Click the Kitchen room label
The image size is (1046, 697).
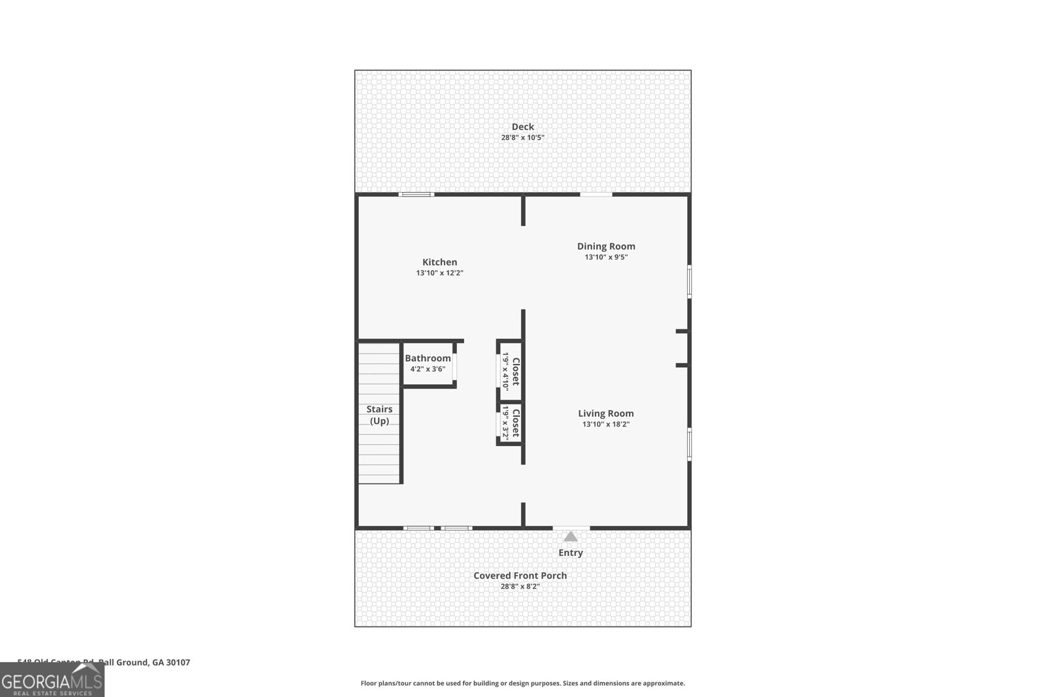pos(439,262)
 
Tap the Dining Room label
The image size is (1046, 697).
pos(606,246)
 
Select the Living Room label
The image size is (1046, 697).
pos(605,413)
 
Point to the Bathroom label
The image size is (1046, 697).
pos(428,358)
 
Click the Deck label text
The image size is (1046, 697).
pos(522,127)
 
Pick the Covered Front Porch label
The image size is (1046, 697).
pos(520,575)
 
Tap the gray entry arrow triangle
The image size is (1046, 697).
pos(571,537)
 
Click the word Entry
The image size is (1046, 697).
pos(570,553)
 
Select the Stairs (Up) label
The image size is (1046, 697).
pos(379,415)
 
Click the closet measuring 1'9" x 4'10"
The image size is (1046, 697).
pos(511,371)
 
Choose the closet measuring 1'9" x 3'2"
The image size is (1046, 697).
pos(511,423)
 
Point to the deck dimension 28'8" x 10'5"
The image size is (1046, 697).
pos(522,138)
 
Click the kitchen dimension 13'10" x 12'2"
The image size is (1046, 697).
pos(439,273)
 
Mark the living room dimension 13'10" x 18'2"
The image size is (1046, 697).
pos(605,424)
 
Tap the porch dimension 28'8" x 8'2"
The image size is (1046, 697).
pos(520,587)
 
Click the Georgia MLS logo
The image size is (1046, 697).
pos(52,680)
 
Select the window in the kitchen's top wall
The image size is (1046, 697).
pos(416,194)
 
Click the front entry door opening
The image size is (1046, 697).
pos(571,527)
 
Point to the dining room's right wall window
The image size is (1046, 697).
pos(689,282)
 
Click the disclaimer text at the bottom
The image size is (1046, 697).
pos(522,683)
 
